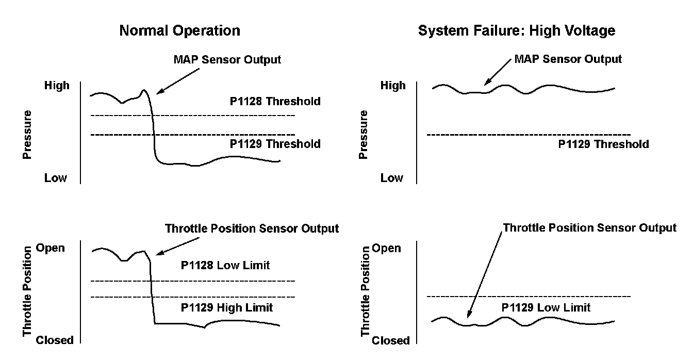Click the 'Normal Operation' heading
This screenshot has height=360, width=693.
click(179, 31)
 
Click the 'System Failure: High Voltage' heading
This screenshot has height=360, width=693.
click(517, 31)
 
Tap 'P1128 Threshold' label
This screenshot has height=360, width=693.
click(275, 101)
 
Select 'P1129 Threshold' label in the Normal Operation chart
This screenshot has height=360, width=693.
click(275, 144)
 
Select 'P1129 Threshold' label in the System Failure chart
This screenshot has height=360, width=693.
click(603, 144)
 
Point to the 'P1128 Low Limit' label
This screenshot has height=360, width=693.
click(225, 266)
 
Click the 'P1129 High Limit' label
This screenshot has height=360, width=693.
click(226, 308)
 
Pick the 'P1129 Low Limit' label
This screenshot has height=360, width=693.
click(546, 308)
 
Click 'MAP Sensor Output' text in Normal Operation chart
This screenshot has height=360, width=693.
click(227, 59)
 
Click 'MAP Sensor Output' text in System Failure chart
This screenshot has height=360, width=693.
click(568, 59)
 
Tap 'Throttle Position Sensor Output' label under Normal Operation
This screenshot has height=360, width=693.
click(252, 228)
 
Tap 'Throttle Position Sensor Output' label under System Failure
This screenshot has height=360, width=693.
click(589, 227)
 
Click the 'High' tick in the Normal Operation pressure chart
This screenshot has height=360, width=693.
click(57, 86)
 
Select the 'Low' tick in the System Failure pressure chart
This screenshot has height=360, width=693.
click(391, 178)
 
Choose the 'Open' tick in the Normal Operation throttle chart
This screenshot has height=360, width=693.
click(50, 248)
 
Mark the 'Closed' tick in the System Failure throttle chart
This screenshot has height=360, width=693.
click(391, 340)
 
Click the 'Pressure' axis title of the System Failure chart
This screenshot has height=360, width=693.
click(365, 134)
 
